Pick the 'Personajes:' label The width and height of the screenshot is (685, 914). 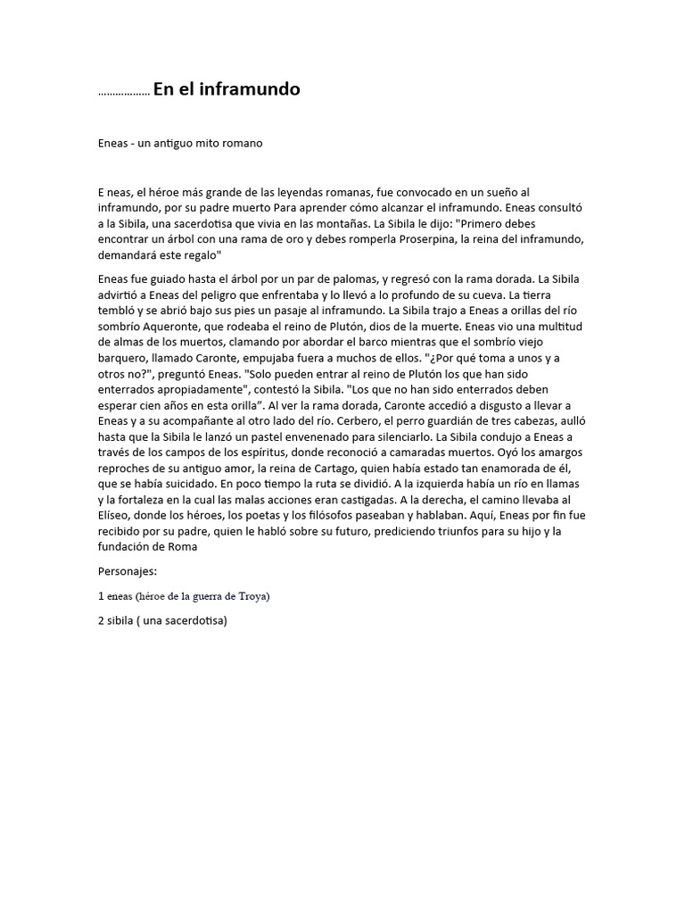[x=127, y=569]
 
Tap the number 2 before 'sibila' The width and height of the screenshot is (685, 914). [x=102, y=621]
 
